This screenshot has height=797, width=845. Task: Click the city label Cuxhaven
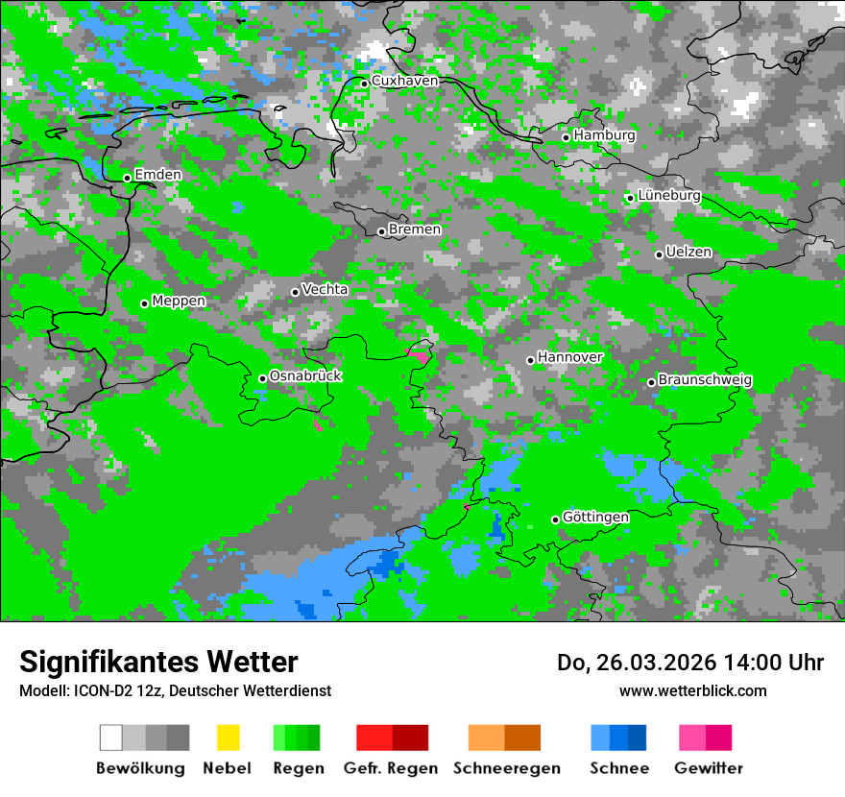click(x=404, y=82)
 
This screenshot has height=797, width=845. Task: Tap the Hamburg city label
click(x=604, y=135)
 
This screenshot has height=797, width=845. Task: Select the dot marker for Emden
click(x=127, y=178)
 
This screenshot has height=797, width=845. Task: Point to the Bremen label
click(x=415, y=229)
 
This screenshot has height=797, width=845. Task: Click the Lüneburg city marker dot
click(x=630, y=198)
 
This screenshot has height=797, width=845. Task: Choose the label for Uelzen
click(x=688, y=253)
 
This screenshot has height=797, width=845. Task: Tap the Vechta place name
click(x=325, y=289)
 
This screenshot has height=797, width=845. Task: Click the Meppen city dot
click(x=144, y=303)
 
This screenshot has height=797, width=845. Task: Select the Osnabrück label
click(x=305, y=376)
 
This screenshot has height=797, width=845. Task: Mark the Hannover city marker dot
click(x=530, y=360)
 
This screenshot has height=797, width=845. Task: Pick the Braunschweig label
click(x=705, y=380)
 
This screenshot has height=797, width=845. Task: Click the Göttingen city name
click(x=595, y=518)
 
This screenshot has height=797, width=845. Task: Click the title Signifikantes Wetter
click(x=158, y=662)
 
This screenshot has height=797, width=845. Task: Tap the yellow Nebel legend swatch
click(x=228, y=737)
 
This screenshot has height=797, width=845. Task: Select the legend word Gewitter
click(x=709, y=768)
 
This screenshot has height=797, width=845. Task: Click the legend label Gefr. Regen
click(x=391, y=768)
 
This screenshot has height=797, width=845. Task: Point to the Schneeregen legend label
click(x=507, y=768)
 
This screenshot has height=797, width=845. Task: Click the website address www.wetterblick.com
click(x=692, y=690)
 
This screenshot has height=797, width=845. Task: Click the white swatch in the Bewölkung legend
click(x=111, y=737)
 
